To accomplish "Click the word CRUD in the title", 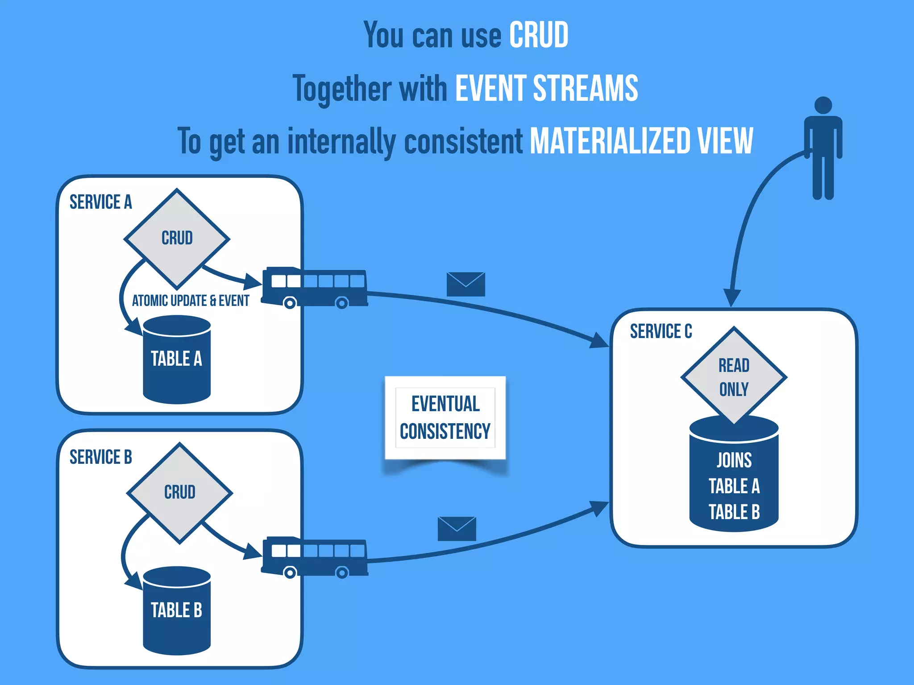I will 538,35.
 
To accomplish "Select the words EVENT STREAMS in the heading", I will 546,88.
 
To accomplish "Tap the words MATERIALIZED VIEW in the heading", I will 641,141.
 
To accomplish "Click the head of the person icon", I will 823,105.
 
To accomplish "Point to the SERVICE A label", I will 101,202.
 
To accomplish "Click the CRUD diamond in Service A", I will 177,238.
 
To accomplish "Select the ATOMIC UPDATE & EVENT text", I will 190,301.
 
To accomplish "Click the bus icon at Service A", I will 315,287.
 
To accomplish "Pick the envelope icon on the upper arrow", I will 465,284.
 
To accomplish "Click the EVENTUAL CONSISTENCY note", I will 445,418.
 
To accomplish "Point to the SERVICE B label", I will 101,457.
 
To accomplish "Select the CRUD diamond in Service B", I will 179,492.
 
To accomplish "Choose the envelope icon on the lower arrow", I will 457,528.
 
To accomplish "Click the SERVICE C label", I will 661,331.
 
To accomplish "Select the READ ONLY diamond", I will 733,376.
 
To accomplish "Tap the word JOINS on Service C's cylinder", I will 734,460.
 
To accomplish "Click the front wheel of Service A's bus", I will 290,304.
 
